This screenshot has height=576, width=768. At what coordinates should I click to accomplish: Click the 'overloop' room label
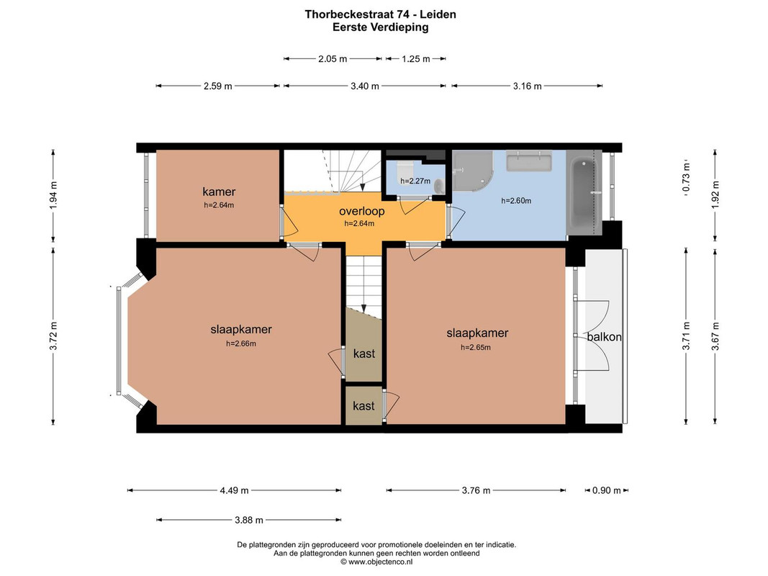pyautogui.click(x=362, y=212)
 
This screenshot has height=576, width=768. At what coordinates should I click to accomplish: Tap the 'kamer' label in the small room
pyautogui.click(x=219, y=192)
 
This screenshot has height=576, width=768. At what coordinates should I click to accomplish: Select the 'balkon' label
pyautogui.click(x=605, y=337)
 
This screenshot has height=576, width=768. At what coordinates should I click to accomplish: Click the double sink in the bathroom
pyautogui.click(x=529, y=161)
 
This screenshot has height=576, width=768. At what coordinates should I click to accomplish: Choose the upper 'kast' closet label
pyautogui.click(x=364, y=354)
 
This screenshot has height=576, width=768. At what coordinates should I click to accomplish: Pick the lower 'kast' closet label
pyautogui.click(x=363, y=406)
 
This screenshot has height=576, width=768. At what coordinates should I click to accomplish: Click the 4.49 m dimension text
pyautogui.click(x=234, y=490)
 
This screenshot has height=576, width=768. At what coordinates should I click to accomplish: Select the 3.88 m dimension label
pyautogui.click(x=249, y=520)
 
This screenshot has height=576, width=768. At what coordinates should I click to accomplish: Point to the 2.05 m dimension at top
pyautogui.click(x=333, y=59)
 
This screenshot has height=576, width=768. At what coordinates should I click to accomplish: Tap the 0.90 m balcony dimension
pyautogui.click(x=606, y=490)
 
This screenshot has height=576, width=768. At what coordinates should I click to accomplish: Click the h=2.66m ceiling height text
pyautogui.click(x=241, y=344)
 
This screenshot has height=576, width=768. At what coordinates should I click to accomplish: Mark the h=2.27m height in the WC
pyautogui.click(x=415, y=181)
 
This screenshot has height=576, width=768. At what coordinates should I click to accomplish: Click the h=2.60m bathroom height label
pyautogui.click(x=516, y=201)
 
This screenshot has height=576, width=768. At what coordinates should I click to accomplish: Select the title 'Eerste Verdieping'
pyautogui.click(x=381, y=27)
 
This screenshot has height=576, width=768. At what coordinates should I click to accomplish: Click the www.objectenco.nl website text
pyautogui.click(x=376, y=562)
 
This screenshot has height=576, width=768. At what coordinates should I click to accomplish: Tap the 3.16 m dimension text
pyautogui.click(x=527, y=86)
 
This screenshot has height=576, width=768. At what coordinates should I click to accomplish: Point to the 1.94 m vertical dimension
pyautogui.click(x=53, y=196)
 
